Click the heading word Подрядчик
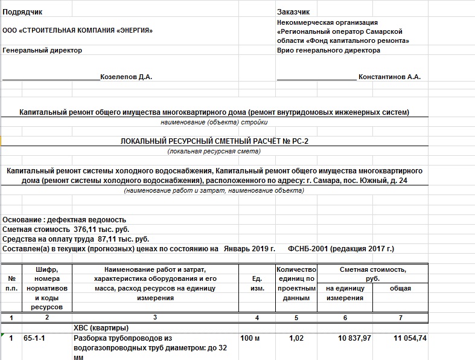(x=23, y=12)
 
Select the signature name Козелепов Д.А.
(x=126, y=77)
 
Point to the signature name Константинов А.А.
(x=389, y=77)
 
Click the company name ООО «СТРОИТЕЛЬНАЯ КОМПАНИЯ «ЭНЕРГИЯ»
(x=78, y=31)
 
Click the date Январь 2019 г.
(x=249, y=249)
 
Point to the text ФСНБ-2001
(x=308, y=249)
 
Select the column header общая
(x=400, y=288)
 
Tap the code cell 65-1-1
(x=34, y=339)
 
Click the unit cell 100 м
(x=250, y=339)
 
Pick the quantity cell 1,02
(x=296, y=339)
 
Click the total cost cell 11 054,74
(x=409, y=339)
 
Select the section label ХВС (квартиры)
(x=101, y=327)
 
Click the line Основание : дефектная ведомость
(x=65, y=220)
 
